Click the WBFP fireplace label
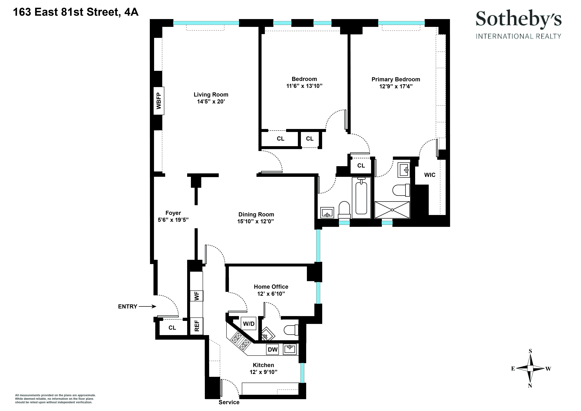pos(159,101)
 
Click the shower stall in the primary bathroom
pos(392,210)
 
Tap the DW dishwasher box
pos(273,349)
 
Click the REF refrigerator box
pos(197,326)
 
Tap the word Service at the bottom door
pos(229,402)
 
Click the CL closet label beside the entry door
pos(172,328)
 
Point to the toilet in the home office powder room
pos(291,330)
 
